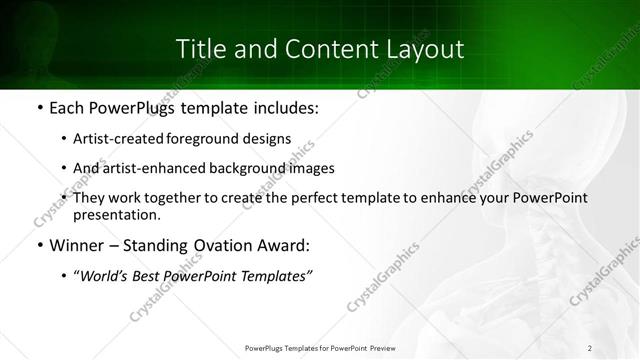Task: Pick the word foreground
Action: (x=214, y=139)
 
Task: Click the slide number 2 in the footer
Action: (x=590, y=347)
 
